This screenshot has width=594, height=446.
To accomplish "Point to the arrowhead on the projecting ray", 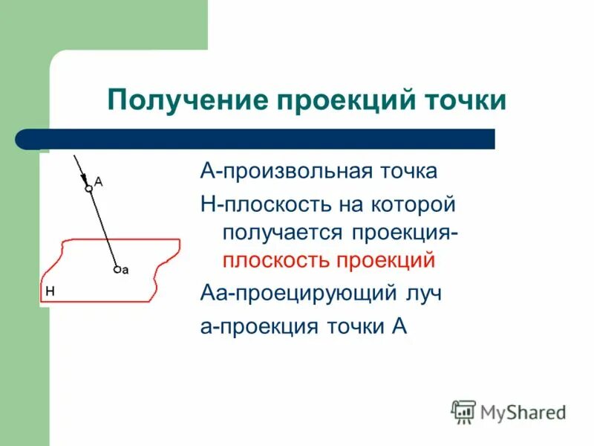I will coord(83,178).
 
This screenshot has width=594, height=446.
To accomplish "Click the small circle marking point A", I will coord(88,190).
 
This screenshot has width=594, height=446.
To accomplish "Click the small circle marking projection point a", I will coord(117,270).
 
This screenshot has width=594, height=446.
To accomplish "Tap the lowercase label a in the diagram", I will coord(125,271).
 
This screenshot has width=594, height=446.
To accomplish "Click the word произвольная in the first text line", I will coord(290,172).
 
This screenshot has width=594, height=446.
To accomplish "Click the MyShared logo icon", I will coord(463,411).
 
